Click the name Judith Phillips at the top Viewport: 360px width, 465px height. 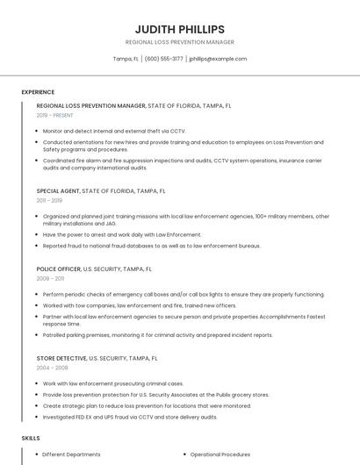pyautogui.click(x=180, y=29)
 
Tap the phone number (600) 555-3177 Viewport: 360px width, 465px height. pyautogui.click(x=163, y=59)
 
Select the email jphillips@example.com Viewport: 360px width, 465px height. pyautogui.click(x=218, y=59)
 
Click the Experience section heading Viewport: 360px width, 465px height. pyautogui.click(x=38, y=91)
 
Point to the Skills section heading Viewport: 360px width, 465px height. pyautogui.click(x=31, y=437)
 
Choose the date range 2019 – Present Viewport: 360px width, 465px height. pyautogui.click(x=54, y=115)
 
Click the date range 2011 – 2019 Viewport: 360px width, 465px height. pyautogui.click(x=49, y=200)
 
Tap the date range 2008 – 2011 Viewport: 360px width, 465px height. pyautogui.click(x=50, y=278)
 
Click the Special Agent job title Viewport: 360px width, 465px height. pyautogui.click(x=58, y=190)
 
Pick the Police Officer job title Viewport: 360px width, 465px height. pyautogui.click(x=58, y=268)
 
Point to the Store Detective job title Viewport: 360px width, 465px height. pyautogui.click(x=61, y=358)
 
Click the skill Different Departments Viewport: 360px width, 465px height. pyautogui.click(x=71, y=454)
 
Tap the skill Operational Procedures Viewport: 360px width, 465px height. pyautogui.click(x=220, y=454)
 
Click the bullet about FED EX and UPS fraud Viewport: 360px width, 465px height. pyautogui.click(x=129, y=417)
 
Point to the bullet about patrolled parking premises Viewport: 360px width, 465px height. pyautogui.click(x=145, y=334)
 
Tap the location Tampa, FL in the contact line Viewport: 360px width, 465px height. pyautogui.click(x=126, y=59)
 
